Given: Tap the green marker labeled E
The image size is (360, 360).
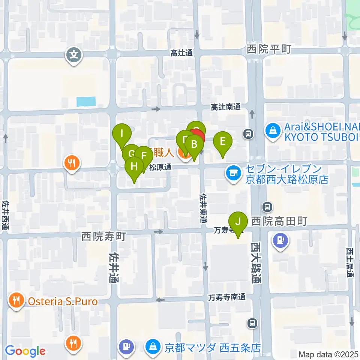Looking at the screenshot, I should point(223,142).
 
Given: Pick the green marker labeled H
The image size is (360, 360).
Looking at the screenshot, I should point(134,166).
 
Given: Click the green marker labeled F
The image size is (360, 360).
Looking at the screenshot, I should point(143,154).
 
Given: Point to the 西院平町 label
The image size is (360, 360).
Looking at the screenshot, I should point(269,49).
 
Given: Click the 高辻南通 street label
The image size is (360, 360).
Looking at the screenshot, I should point(225,107).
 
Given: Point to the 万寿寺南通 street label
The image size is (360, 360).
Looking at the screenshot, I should point(228,297).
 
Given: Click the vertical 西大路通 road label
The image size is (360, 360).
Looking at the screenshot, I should point(256,262).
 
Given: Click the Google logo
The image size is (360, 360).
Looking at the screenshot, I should point(25,351).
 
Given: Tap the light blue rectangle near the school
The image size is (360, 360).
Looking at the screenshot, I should point(86,101).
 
